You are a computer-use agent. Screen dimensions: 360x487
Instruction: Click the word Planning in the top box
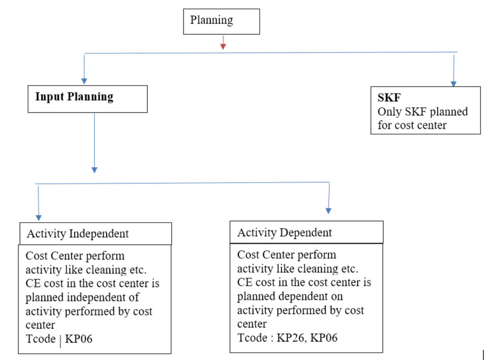pos(212,20)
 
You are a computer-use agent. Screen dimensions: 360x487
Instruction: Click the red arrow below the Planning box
pos(223,46)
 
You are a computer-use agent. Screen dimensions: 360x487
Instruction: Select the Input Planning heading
pos(74,97)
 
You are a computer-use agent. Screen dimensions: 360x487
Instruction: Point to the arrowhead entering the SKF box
pos(454,84)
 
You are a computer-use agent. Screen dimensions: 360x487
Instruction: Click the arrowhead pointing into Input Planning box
pos(84,81)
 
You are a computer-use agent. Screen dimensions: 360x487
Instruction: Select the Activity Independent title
pos(78,234)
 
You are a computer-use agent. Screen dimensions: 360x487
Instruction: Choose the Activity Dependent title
pos(284,233)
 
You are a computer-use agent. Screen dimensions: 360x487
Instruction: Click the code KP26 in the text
pos(291,338)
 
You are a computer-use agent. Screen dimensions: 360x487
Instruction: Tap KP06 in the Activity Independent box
pos(78,339)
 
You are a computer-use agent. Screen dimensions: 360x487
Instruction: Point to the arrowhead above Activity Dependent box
pos(329,210)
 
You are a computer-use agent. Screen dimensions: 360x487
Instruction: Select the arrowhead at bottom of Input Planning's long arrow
pos(94,169)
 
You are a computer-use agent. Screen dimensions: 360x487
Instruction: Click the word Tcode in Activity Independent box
pos(40,339)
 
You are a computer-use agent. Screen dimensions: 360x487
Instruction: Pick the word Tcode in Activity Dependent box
pos(252,338)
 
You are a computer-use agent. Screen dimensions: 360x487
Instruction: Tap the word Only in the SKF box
pos(389,112)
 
